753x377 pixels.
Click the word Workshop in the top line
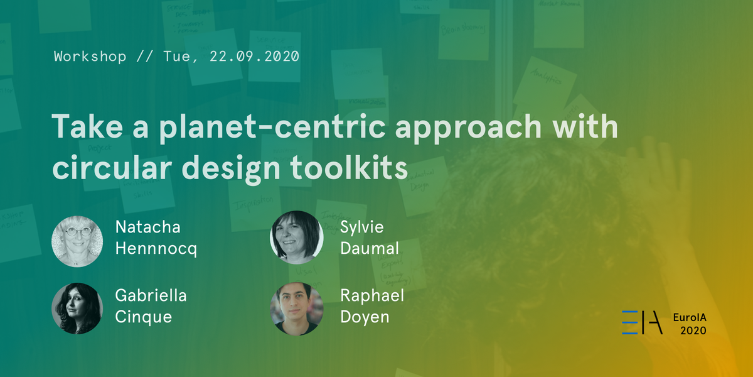(x=90, y=56)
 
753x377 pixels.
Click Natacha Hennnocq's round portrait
(x=77, y=241)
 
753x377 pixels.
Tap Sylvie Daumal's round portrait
(x=296, y=237)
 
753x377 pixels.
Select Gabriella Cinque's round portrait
(x=77, y=308)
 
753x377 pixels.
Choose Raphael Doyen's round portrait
(x=296, y=308)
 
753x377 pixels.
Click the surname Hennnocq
(x=156, y=249)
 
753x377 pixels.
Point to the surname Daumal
(x=370, y=249)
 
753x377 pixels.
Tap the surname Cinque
(x=144, y=317)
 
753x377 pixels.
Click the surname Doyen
(x=365, y=317)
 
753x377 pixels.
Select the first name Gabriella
(x=151, y=295)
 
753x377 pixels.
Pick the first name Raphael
(x=372, y=295)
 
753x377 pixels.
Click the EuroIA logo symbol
(x=641, y=322)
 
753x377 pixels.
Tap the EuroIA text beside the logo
(x=690, y=317)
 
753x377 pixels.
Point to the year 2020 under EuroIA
(x=693, y=331)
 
